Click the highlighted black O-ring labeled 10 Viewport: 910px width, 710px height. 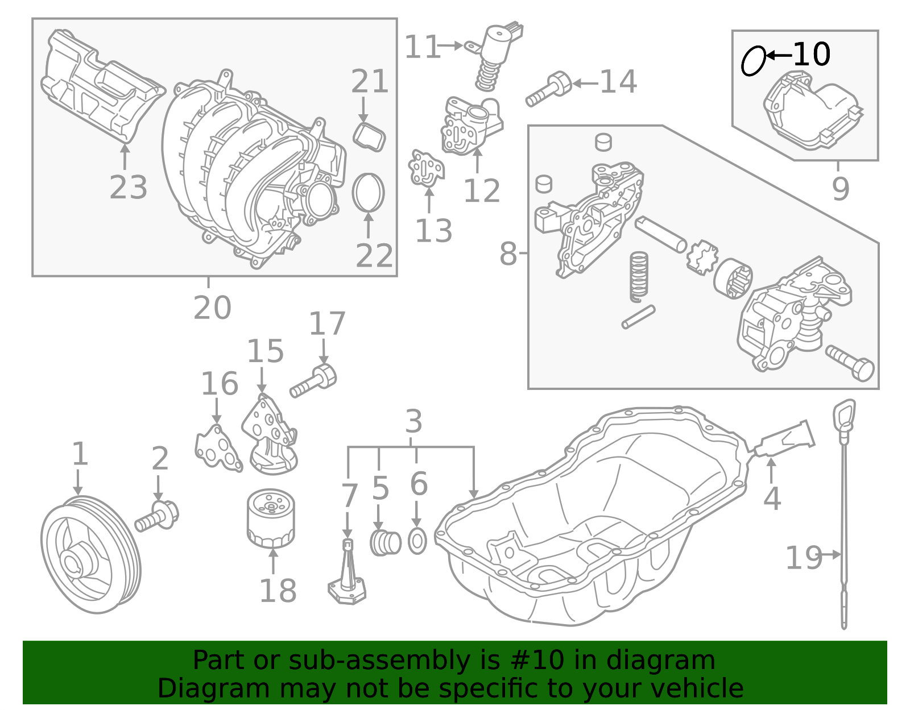753,61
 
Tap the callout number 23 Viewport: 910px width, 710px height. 128,188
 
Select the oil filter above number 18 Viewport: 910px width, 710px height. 271,518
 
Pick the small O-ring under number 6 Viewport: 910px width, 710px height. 417,542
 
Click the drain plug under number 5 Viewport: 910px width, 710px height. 385,543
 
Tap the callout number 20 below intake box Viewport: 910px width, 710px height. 212,308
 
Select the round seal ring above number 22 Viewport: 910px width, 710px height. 369,192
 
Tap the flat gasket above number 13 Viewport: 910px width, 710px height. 425,168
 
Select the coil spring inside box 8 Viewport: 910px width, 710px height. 639,276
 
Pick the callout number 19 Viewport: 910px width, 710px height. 803,558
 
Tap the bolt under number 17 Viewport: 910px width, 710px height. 314,381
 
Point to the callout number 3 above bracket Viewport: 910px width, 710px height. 413,422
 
